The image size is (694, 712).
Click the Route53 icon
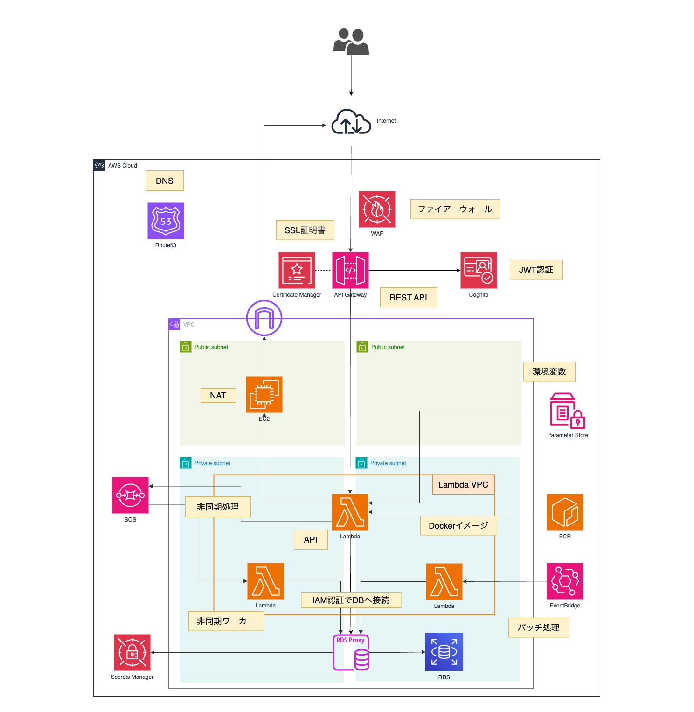[x=166, y=221]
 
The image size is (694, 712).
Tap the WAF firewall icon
[x=377, y=209]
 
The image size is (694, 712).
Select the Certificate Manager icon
[x=297, y=270]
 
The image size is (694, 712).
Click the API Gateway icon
[x=350, y=270]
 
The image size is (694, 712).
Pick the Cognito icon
[x=479, y=270]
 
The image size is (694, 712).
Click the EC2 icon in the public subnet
[x=264, y=394]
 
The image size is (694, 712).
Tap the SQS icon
[x=130, y=495]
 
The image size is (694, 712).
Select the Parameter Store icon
[x=567, y=411]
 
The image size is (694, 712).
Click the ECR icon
[x=565, y=512]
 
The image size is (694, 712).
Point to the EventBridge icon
[x=565, y=581]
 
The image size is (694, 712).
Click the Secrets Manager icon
[x=132, y=652]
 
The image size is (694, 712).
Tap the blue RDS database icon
[x=444, y=651]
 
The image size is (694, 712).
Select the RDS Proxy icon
[x=351, y=652]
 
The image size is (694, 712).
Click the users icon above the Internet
[x=351, y=42]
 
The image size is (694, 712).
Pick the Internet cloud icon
[x=351, y=122]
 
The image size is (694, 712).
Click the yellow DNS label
[x=165, y=181]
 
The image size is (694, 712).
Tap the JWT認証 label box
[x=536, y=270]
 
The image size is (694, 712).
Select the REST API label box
[x=408, y=297]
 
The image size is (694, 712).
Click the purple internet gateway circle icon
[x=264, y=318]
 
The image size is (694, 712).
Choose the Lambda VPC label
[x=463, y=484]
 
